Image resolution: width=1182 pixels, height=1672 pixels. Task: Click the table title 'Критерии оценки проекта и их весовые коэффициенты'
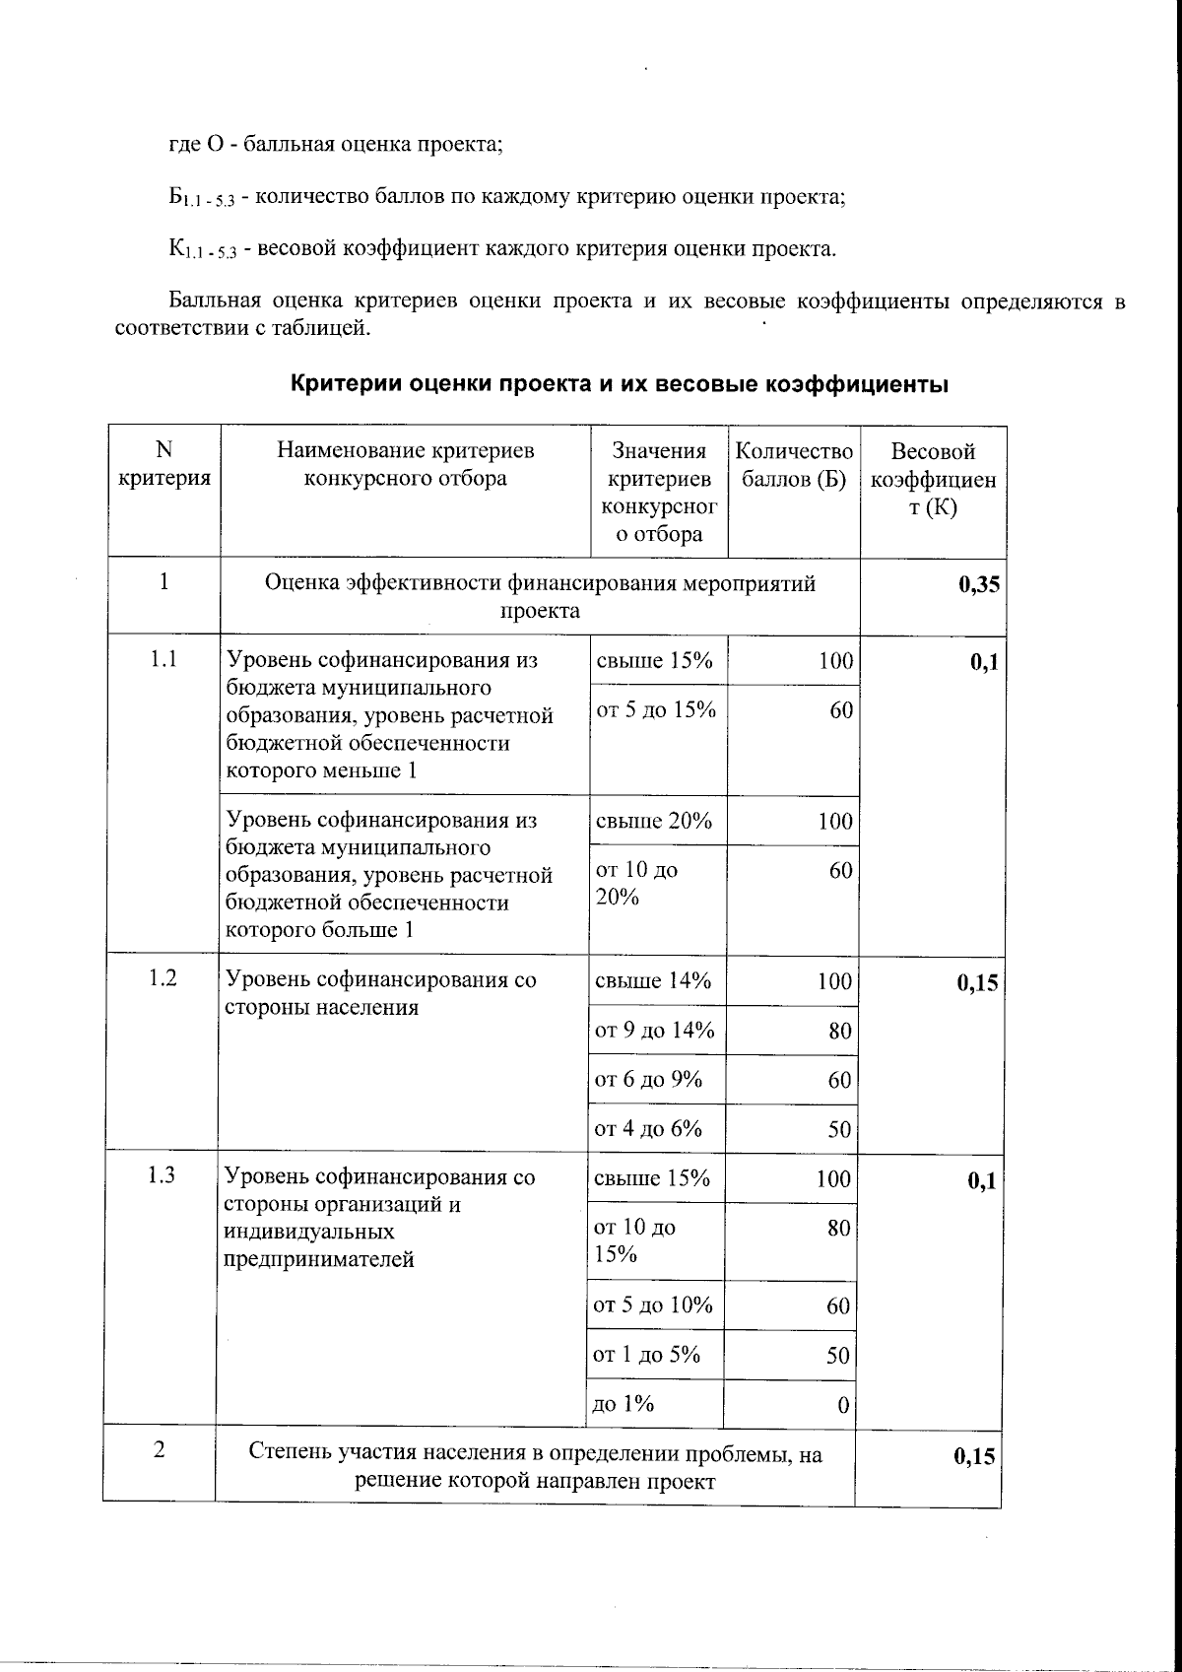coord(619,384)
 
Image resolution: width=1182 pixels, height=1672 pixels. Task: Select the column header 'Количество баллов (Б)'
coord(794,465)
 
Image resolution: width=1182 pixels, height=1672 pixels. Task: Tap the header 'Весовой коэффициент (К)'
coord(933,480)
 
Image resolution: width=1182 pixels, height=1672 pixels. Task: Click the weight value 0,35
coord(978,584)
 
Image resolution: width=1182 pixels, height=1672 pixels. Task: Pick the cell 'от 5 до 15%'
coord(655,710)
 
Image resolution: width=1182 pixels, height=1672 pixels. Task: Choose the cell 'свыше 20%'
coord(653,821)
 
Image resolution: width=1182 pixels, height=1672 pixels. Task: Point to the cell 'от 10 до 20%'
coord(636,884)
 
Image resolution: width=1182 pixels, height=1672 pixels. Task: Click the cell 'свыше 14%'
coord(652,981)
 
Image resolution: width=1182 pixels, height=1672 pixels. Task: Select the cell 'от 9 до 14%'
coord(654,1031)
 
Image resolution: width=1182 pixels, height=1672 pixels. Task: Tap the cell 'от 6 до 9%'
coord(648,1080)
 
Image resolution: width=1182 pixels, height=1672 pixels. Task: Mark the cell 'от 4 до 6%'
coord(648,1129)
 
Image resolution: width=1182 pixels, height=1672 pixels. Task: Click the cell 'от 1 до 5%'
coord(646,1355)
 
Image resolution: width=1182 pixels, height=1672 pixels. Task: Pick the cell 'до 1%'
coord(623,1404)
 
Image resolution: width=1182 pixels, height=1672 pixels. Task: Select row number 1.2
coord(163,978)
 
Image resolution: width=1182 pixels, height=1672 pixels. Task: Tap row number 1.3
coord(162,1175)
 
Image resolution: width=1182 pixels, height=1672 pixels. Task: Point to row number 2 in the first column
coord(159,1450)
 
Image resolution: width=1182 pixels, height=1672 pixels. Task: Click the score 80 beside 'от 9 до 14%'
coord(839,1032)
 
